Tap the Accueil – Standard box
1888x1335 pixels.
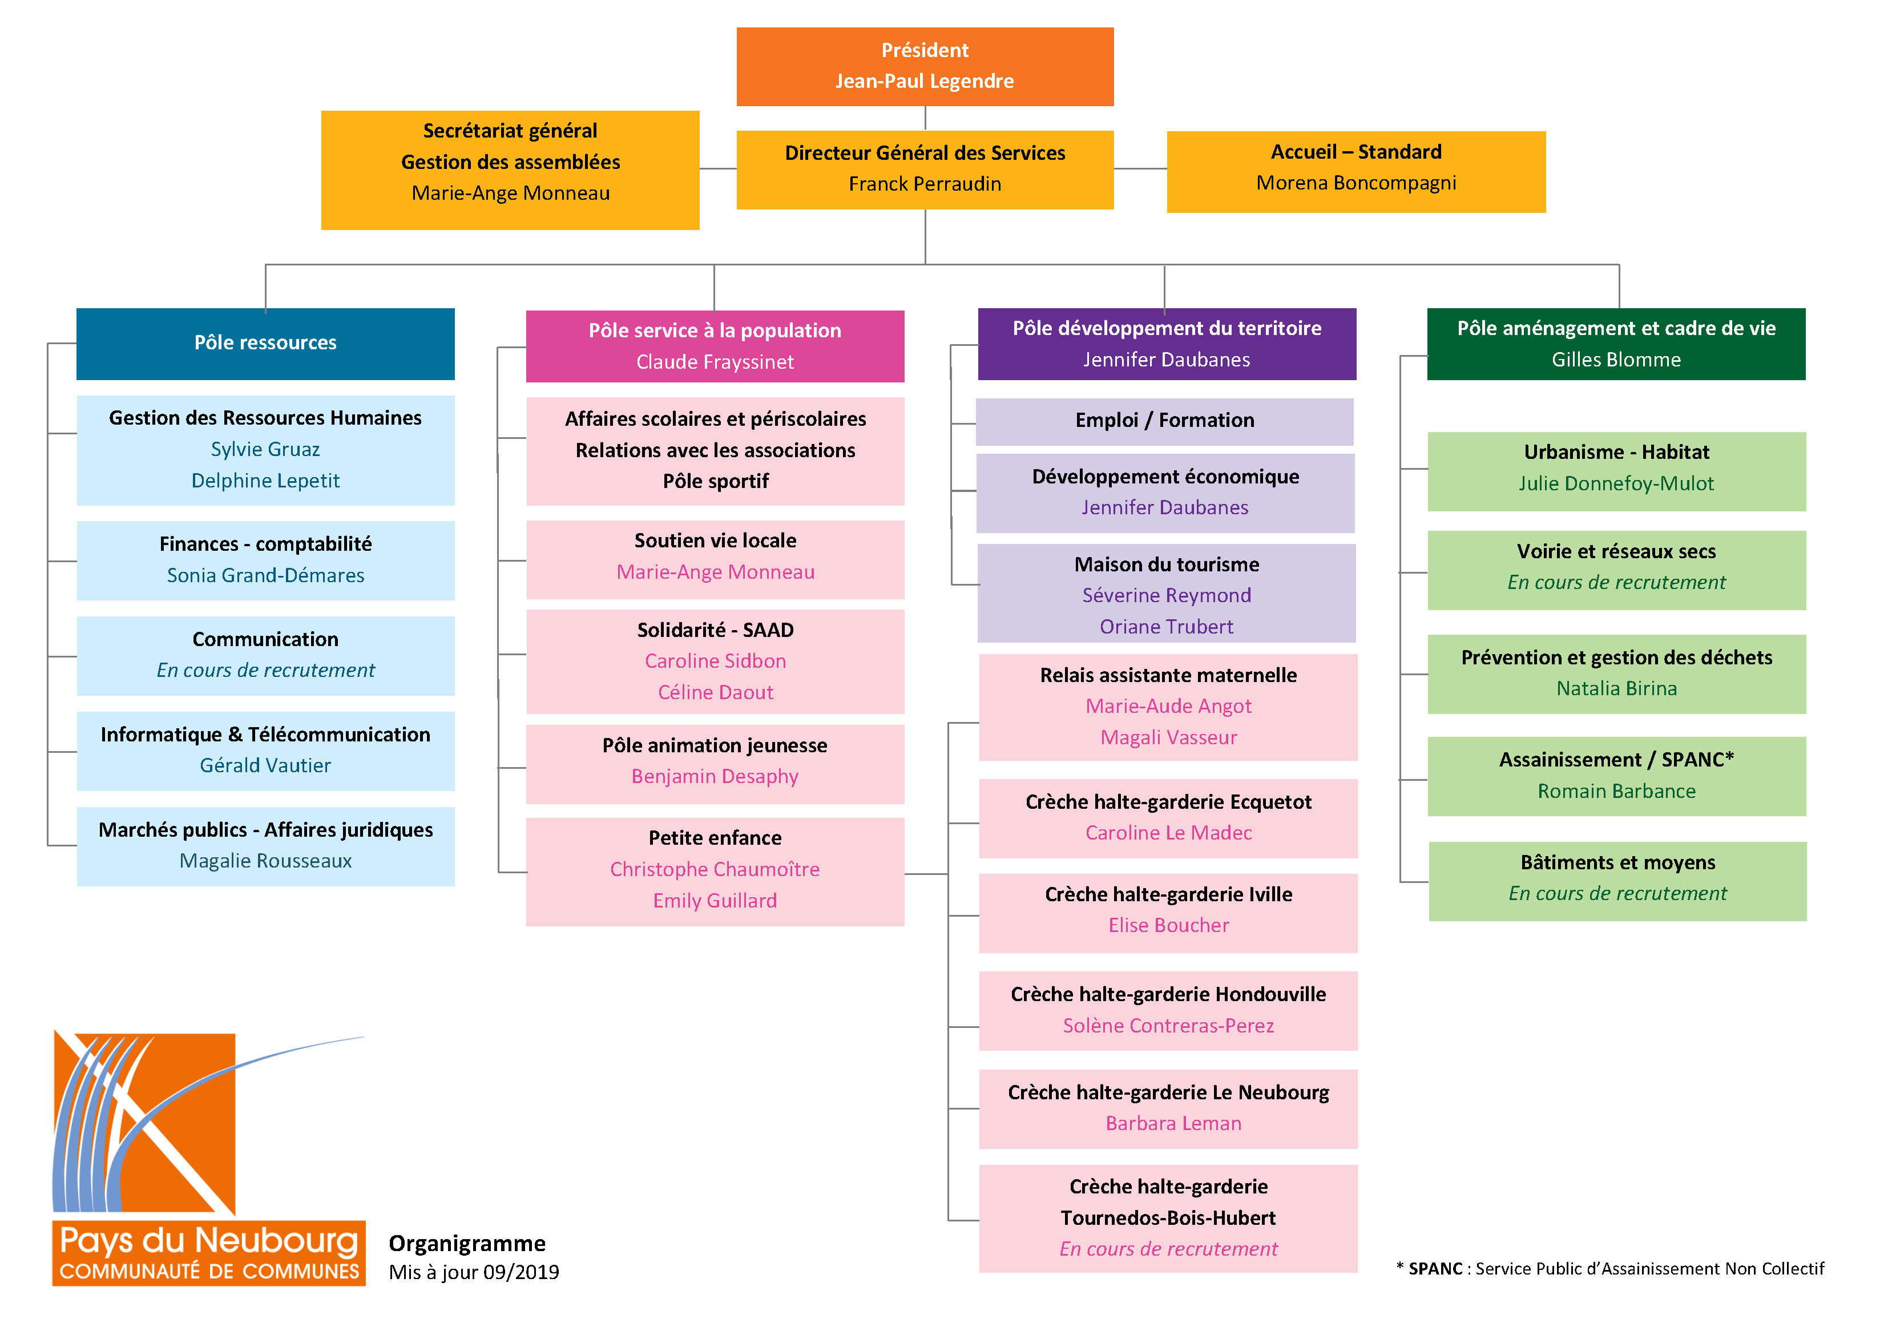point(1356,172)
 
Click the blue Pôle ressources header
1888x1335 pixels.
point(265,344)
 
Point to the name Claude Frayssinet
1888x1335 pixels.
point(715,362)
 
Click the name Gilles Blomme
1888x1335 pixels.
point(1616,360)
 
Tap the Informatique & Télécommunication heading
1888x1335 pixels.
point(265,735)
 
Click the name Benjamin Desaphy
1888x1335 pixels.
point(715,776)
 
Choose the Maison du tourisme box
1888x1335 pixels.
point(1166,593)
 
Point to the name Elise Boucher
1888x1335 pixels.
point(1168,925)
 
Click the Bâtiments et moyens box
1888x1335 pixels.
point(1617,881)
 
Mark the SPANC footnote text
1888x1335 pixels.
point(1610,1268)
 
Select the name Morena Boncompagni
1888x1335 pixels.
point(1356,183)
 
